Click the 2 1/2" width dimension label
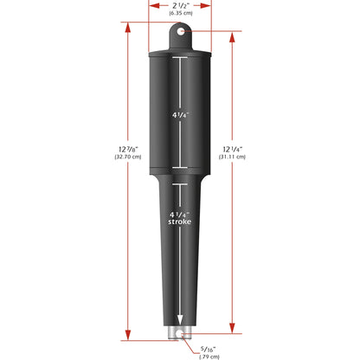point(180,6)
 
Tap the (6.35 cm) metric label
point(180,15)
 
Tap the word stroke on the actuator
point(180,222)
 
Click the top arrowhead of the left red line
point(128,25)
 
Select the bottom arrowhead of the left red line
point(128,336)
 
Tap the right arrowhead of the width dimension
point(209,4)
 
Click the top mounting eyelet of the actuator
point(180,33)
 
